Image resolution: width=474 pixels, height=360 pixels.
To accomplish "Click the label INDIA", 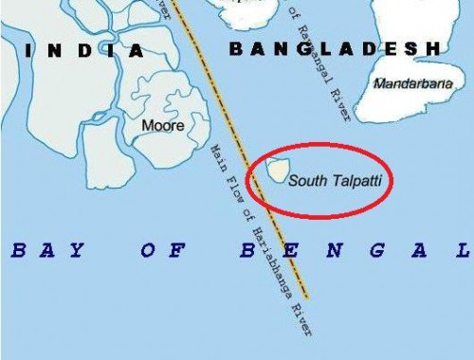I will pos(86,50).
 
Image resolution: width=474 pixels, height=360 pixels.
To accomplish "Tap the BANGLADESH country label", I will pos(336,47).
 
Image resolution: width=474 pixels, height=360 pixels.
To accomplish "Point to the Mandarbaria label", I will pos(412,84).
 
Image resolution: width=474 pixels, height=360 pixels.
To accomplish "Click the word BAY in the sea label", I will pos(46,251).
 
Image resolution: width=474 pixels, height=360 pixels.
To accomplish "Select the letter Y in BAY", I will pos(77,251).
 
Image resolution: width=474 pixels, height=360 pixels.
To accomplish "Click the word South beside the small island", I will pos(305,178).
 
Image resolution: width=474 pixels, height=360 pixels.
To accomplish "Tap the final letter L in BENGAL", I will pos(464,251).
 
